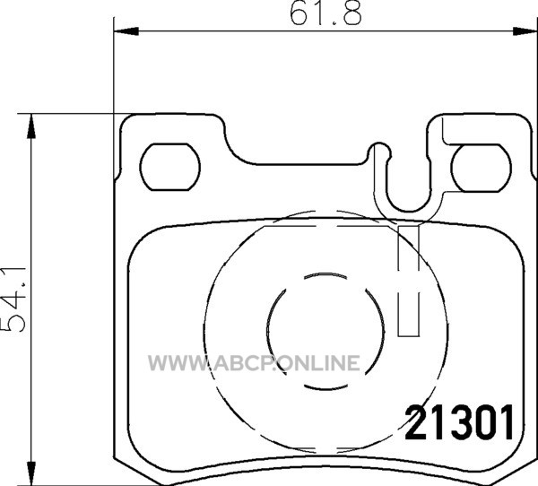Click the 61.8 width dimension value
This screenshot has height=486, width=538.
point(325,14)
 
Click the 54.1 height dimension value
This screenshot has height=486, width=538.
point(13,299)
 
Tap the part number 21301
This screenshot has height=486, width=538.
point(459,423)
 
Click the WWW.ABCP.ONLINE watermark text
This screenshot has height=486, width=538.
point(255,363)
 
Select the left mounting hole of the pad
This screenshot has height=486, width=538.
point(170,167)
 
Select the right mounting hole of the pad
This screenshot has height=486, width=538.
point(482,168)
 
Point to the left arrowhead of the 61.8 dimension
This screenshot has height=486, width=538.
point(126,31)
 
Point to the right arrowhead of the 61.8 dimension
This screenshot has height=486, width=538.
point(525,31)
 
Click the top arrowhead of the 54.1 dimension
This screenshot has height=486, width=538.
point(31,126)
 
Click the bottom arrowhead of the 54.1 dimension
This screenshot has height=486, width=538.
point(31,473)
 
